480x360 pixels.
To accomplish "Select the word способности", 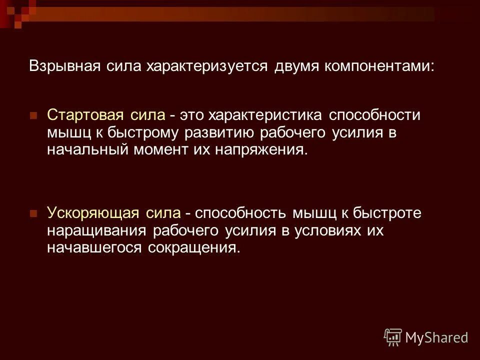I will pyautogui.click(x=375, y=115).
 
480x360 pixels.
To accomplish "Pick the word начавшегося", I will pyautogui.click(x=94, y=247).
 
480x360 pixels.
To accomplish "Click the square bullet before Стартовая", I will pyautogui.click(x=34, y=115).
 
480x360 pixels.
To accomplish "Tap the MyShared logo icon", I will pyautogui.click(x=393, y=337).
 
